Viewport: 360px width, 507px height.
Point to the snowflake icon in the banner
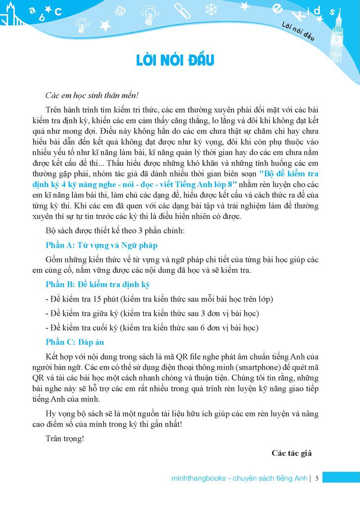(211, 9)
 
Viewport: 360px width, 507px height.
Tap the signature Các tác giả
(291, 453)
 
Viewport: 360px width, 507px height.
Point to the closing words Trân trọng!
(64, 438)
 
